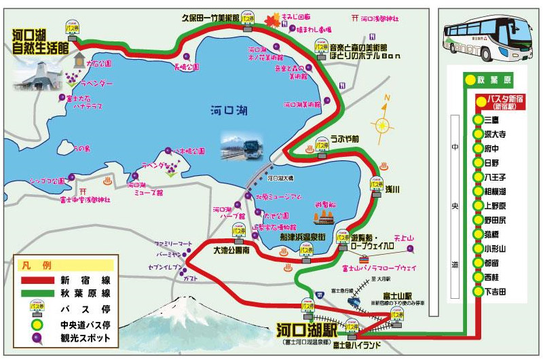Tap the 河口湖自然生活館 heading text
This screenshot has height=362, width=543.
[x=40, y=41]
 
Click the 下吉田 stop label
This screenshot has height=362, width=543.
[x=495, y=291]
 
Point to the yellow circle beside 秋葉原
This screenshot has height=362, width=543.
[x=469, y=79]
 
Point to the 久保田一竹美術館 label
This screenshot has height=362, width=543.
[x=210, y=18]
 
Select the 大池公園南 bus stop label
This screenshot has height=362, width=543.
[x=231, y=250]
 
